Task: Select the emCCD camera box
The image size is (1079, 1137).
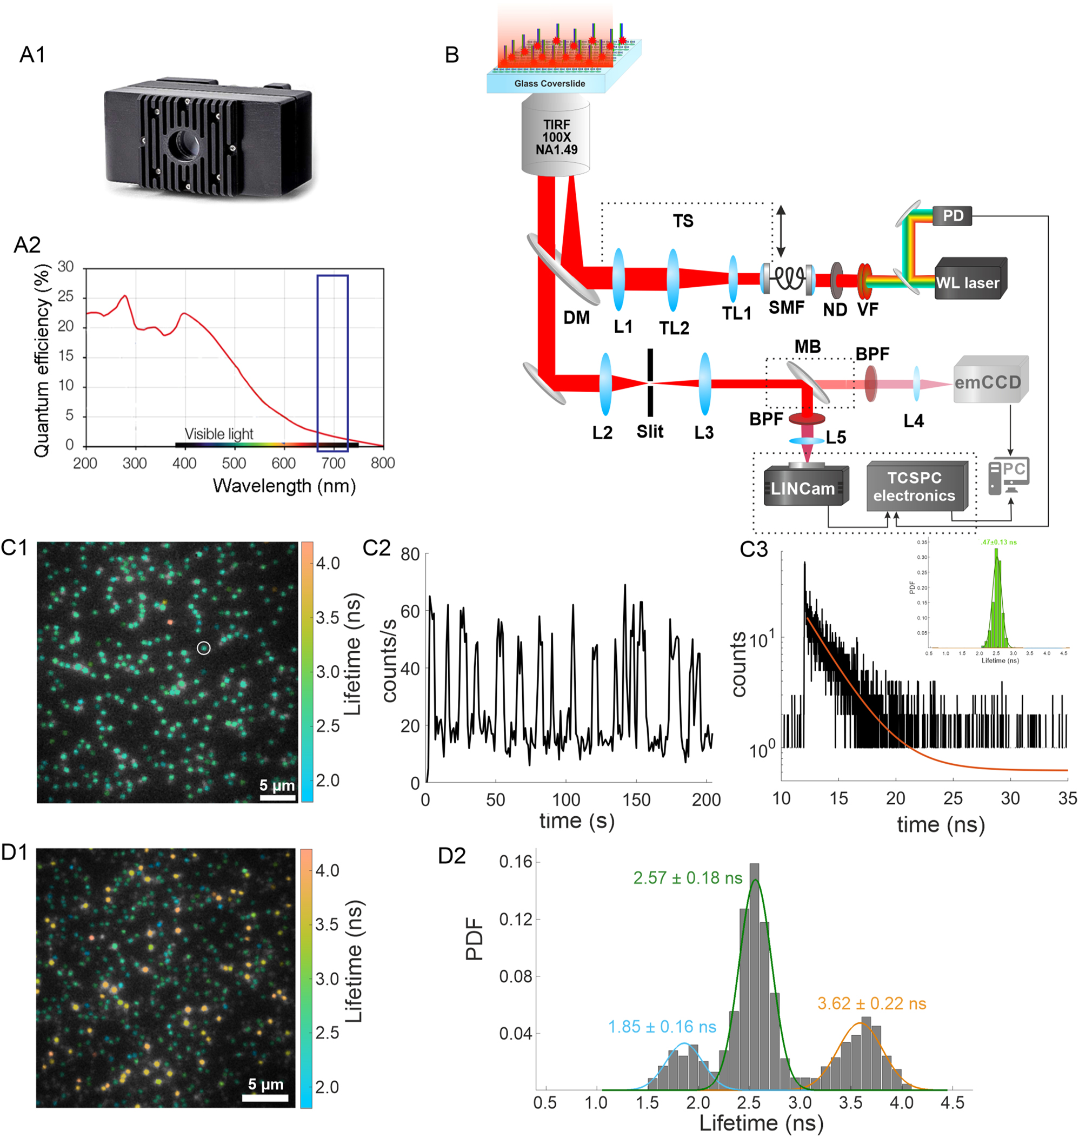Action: pos(989,381)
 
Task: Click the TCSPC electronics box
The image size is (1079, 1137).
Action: pos(914,487)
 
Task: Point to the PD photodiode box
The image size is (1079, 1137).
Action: pos(953,216)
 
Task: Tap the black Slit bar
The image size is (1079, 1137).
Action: pos(650,382)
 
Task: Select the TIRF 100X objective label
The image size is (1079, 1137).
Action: pos(556,137)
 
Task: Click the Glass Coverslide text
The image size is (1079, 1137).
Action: pos(549,83)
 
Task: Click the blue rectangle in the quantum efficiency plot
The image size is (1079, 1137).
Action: pos(332,362)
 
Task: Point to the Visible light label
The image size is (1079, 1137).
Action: pos(218,434)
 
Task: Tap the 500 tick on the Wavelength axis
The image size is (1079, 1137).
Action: pos(234,463)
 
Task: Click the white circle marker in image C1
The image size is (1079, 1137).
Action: pos(204,648)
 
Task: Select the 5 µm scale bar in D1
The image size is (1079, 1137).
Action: pos(265,1098)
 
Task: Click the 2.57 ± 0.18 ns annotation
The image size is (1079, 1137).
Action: pos(687,877)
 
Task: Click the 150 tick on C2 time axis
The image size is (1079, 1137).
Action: pos(637,799)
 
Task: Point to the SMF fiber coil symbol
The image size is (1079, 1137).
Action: pos(788,279)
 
